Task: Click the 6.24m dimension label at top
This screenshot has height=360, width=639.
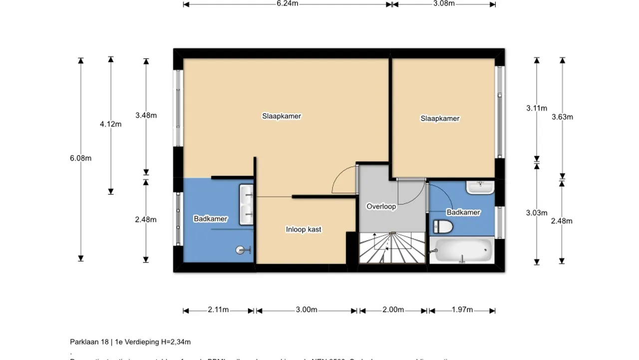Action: point(288,3)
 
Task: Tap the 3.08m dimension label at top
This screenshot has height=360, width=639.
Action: point(444,3)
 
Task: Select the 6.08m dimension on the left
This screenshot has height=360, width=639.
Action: point(81,158)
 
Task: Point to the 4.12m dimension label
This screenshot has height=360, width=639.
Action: point(111,124)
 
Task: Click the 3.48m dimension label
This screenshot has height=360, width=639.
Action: point(146,115)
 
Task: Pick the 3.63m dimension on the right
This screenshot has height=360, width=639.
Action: point(562,117)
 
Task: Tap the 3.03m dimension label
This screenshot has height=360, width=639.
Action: point(537,213)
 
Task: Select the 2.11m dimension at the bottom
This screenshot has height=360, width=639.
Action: point(218,310)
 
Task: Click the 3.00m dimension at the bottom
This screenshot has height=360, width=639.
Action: point(307,310)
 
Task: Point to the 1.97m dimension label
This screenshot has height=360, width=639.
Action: point(462,310)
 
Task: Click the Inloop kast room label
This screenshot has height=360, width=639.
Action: point(304,229)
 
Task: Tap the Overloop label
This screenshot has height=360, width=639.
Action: point(381,206)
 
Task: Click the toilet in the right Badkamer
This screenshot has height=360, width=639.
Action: point(442,227)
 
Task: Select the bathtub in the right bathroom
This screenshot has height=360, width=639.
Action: point(462,249)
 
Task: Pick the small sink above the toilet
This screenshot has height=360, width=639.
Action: point(480,187)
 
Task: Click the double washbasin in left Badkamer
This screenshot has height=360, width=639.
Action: point(247,204)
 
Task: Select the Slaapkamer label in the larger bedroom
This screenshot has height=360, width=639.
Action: point(282,116)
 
